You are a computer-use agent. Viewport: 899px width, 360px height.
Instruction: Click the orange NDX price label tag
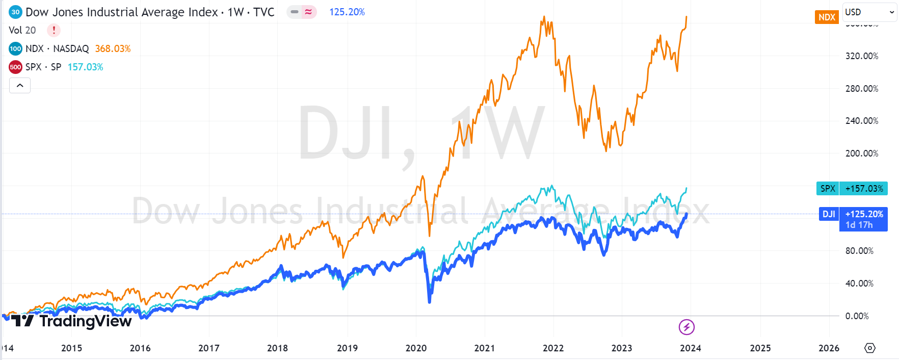click(x=826, y=17)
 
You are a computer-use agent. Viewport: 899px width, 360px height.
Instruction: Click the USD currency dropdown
click(x=869, y=12)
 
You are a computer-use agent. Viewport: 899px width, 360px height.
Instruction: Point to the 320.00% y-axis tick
click(x=861, y=56)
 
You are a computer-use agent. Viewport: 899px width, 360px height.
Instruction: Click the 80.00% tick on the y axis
click(x=859, y=251)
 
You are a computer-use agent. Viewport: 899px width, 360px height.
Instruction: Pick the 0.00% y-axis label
click(x=857, y=316)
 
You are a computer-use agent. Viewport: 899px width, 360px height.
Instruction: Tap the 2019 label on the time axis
click(x=347, y=348)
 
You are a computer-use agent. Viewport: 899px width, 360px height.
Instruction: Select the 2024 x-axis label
click(x=690, y=348)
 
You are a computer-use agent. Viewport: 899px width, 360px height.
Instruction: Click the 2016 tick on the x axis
click(x=140, y=348)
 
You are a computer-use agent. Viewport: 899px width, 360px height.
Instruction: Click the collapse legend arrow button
click(x=20, y=86)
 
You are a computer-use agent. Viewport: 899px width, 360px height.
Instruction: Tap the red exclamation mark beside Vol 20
click(x=54, y=30)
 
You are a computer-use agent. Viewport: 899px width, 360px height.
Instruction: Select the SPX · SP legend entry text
click(x=43, y=67)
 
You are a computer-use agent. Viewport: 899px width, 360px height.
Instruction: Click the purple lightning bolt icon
click(x=686, y=327)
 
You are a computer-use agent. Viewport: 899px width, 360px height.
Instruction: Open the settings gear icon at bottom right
click(x=870, y=348)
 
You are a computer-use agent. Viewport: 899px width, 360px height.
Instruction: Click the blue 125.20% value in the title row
click(x=347, y=12)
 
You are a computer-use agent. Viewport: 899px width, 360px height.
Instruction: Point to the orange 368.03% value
click(x=113, y=49)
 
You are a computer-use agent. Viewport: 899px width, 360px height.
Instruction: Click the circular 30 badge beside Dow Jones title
click(x=15, y=12)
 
